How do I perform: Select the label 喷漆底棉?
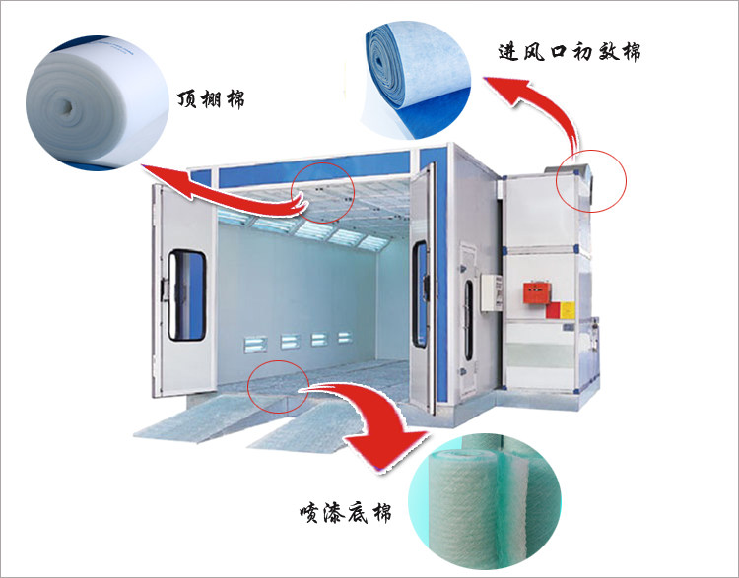click(351, 513)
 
